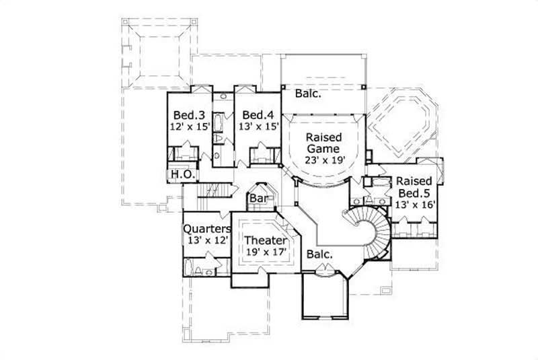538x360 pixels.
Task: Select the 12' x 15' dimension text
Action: coord(190,125)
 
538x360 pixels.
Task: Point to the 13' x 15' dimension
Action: coord(258,125)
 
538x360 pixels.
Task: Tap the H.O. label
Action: coord(182,174)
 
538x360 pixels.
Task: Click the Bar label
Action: coord(259,199)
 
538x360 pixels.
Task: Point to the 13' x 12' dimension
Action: coord(206,240)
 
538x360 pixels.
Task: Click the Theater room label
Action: coord(266,240)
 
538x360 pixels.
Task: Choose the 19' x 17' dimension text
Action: coord(266,252)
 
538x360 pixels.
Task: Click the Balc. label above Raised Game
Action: coord(308,94)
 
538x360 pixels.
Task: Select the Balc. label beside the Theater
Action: coord(319,254)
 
